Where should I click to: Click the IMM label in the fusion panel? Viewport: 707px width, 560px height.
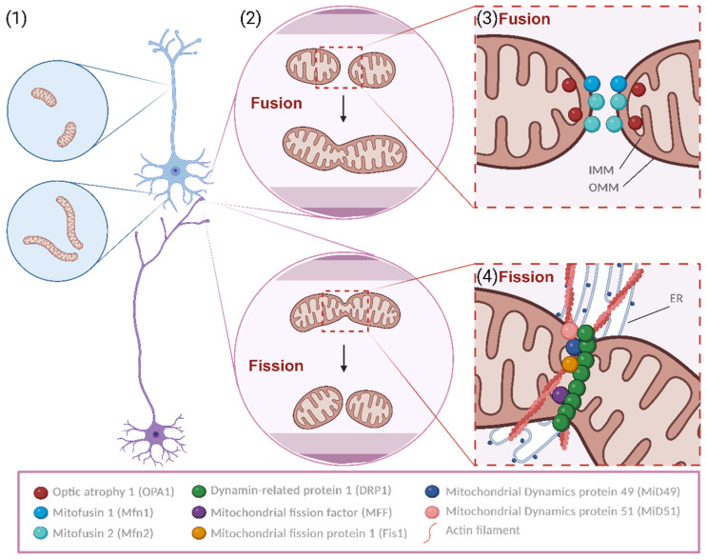pyautogui.click(x=601, y=170)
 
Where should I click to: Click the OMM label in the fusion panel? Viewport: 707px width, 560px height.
pyautogui.click(x=603, y=187)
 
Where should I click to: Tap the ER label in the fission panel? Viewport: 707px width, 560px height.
pyautogui.click(x=677, y=298)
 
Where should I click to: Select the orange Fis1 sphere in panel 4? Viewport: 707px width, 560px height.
pyautogui.click(x=570, y=364)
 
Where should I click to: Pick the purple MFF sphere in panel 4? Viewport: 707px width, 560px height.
pyautogui.click(x=560, y=395)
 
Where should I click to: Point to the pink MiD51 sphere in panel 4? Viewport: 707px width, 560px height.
pyautogui.click(x=569, y=330)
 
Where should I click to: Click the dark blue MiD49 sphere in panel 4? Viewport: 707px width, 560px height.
pyautogui.click(x=573, y=347)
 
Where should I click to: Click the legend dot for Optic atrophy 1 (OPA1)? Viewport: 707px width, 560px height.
pyautogui.click(x=41, y=492)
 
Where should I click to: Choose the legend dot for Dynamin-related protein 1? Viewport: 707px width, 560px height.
pyautogui.click(x=199, y=491)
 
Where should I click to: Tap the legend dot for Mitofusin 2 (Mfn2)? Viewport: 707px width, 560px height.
pyautogui.click(x=41, y=533)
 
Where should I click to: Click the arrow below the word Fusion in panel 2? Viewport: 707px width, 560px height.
pyautogui.click(x=344, y=109)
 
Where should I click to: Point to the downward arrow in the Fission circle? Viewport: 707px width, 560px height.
pyautogui.click(x=344, y=359)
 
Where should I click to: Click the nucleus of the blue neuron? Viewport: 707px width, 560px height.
pyautogui.click(x=175, y=171)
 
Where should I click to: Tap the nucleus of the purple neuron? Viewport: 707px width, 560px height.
pyautogui.click(x=156, y=434)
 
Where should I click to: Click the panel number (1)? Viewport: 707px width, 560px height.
pyautogui.click(x=16, y=19)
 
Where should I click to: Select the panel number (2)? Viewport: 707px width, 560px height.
pyautogui.click(x=250, y=19)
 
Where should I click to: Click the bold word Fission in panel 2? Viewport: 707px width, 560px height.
pyautogui.click(x=276, y=366)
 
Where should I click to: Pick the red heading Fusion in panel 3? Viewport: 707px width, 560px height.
pyautogui.click(x=524, y=19)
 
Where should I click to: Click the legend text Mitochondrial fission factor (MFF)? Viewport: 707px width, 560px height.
pyautogui.click(x=302, y=512)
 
